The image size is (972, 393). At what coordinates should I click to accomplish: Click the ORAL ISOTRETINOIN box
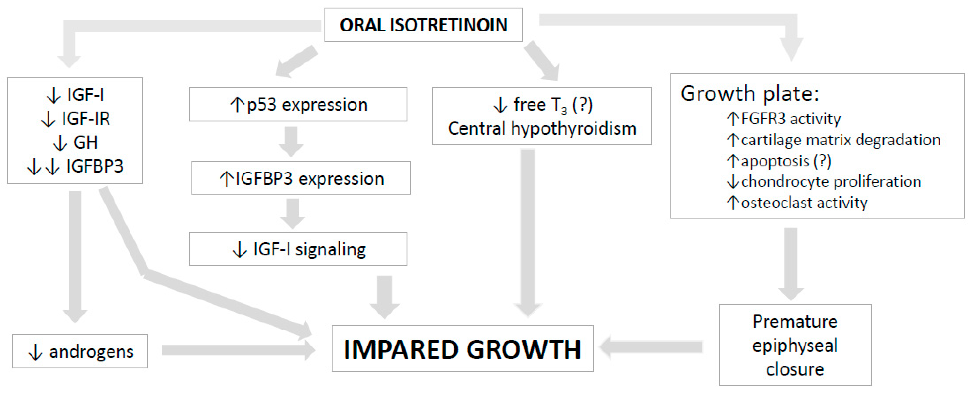423,25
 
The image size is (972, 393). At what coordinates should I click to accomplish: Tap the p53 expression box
298,105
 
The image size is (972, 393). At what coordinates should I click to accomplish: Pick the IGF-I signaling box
298,249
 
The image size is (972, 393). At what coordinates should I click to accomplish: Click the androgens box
80,351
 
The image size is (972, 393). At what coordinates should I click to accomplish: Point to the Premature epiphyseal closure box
795,345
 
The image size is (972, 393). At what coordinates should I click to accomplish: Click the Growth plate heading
749,94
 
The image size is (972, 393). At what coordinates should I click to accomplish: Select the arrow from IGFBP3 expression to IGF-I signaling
292,213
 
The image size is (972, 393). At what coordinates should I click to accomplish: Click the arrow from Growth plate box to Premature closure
791,262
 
